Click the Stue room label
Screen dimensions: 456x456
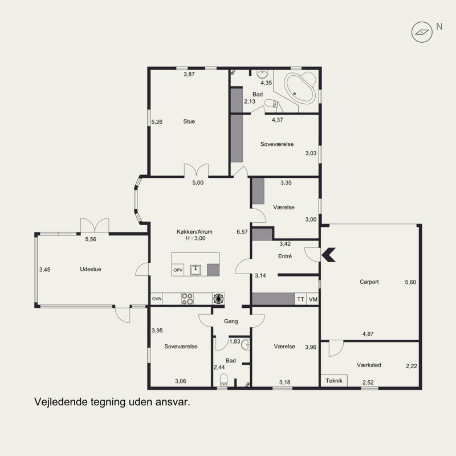click(189, 121)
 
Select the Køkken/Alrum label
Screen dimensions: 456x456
click(194, 232)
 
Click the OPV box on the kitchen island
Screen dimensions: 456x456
click(178, 270)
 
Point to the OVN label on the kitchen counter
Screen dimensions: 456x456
click(157, 299)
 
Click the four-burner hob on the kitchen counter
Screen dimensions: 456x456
click(188, 299)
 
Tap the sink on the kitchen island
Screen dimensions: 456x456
click(196, 270)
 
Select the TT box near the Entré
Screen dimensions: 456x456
click(301, 299)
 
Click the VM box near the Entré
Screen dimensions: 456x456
click(313, 299)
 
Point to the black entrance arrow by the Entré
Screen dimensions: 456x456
click(329, 255)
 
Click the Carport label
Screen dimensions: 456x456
click(369, 282)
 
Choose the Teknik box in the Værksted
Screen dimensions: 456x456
click(334, 381)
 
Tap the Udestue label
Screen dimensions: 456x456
click(91, 269)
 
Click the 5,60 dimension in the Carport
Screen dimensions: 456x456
click(410, 282)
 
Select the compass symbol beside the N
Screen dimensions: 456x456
click(422, 32)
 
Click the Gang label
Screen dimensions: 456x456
click(231, 321)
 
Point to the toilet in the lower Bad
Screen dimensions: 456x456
click(223, 380)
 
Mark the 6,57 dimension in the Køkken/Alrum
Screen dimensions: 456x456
click(242, 232)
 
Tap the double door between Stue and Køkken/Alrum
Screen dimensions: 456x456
click(196, 170)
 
